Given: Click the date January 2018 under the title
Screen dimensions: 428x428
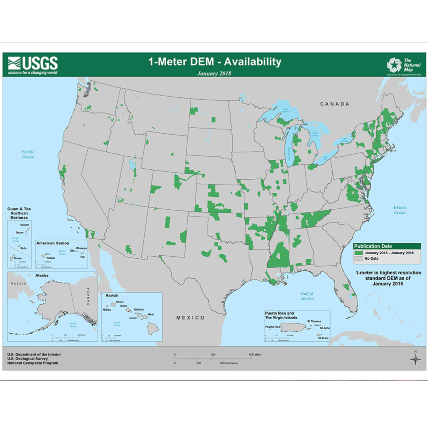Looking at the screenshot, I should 214,73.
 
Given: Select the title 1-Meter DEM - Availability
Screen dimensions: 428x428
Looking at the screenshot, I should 215,62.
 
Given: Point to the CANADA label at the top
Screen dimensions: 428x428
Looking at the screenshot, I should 335,104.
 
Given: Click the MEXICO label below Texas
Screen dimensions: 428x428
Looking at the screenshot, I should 190,317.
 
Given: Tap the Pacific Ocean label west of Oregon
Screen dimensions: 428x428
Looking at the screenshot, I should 28,154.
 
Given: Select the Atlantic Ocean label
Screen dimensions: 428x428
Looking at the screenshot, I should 399,210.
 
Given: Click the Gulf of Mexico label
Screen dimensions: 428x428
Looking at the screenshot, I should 307,296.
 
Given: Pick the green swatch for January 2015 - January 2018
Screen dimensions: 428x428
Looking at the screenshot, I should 358,253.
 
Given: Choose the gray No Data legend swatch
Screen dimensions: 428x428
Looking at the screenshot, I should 358,258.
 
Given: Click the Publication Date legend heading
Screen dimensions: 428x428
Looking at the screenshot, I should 373,246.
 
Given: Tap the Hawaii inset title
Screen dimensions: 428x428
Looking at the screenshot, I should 112,295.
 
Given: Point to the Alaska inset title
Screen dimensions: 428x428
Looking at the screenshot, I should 42,275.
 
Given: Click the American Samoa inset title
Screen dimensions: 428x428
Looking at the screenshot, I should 52,243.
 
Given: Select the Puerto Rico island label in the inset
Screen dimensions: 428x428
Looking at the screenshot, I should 272,327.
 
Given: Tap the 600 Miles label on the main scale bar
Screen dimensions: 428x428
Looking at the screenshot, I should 255,355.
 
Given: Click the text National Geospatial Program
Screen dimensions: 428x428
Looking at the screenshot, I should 33,363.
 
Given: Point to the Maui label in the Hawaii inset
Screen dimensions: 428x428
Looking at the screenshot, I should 151,314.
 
